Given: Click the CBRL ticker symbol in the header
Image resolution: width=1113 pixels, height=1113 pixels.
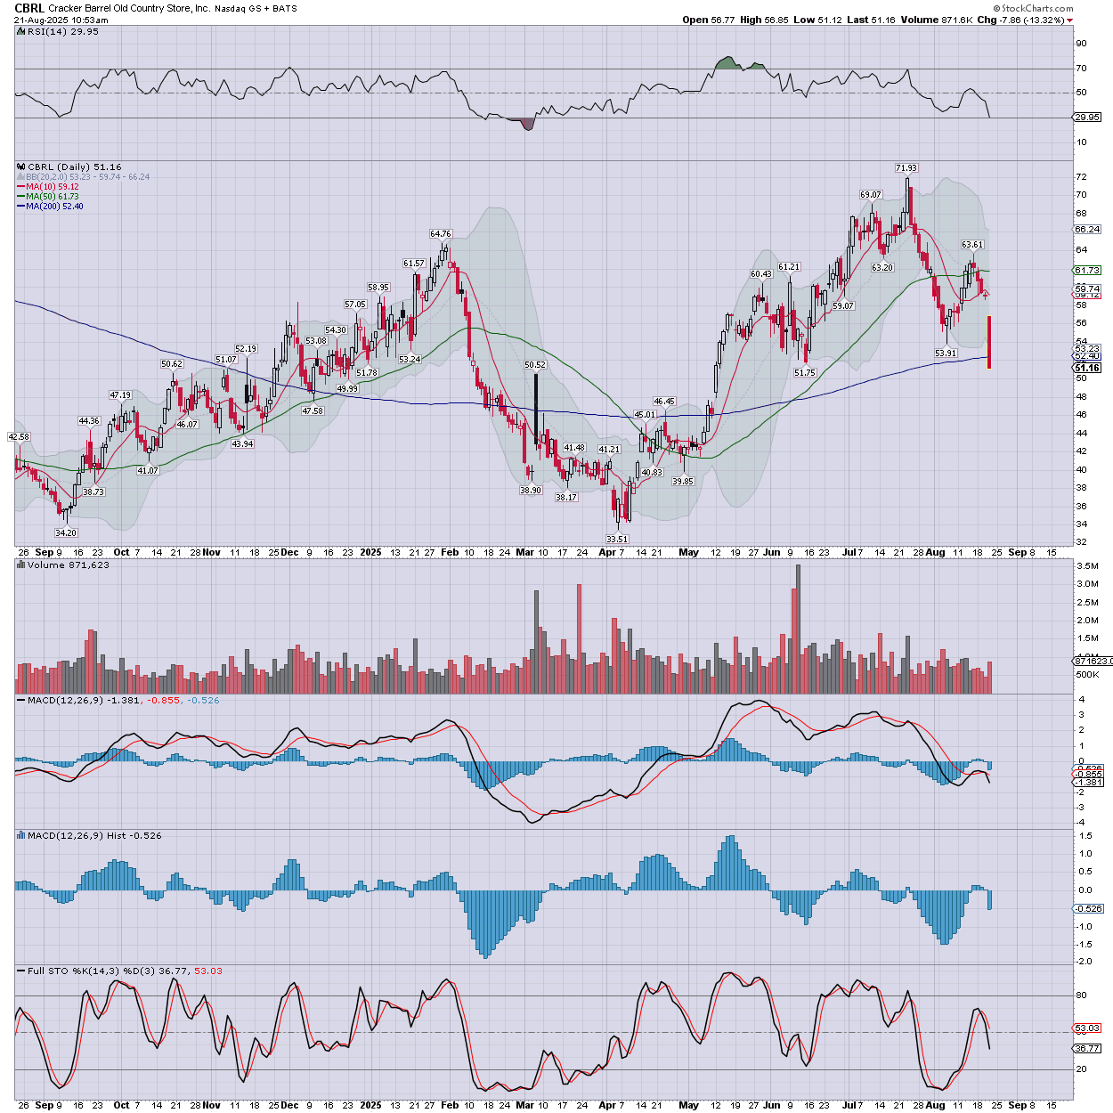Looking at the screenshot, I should [x=29, y=8].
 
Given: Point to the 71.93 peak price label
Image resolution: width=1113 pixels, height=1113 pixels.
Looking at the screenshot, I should [x=906, y=167].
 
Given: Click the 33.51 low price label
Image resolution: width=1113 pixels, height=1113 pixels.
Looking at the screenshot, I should [x=617, y=539].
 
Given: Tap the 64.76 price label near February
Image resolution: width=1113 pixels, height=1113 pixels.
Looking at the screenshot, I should [x=441, y=234].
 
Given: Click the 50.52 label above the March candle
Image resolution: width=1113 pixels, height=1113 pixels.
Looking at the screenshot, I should [x=535, y=365].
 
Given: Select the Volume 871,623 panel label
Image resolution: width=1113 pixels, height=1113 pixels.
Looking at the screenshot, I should [x=69, y=565].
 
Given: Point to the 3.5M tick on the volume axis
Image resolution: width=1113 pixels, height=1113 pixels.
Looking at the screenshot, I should [x=1087, y=566].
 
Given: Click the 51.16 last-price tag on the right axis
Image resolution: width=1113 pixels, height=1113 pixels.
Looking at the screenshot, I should [x=1087, y=368].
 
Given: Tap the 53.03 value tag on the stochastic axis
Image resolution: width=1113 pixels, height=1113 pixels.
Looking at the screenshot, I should [x=1087, y=1028].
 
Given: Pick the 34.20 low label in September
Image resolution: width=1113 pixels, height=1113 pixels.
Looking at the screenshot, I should [x=66, y=532].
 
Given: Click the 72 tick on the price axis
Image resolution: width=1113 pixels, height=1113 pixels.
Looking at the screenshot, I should [x=1081, y=176].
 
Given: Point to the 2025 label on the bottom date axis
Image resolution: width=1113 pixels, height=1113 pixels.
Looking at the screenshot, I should [x=370, y=1105].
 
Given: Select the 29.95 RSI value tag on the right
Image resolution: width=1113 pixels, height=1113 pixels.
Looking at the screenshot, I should [x=1087, y=118].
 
